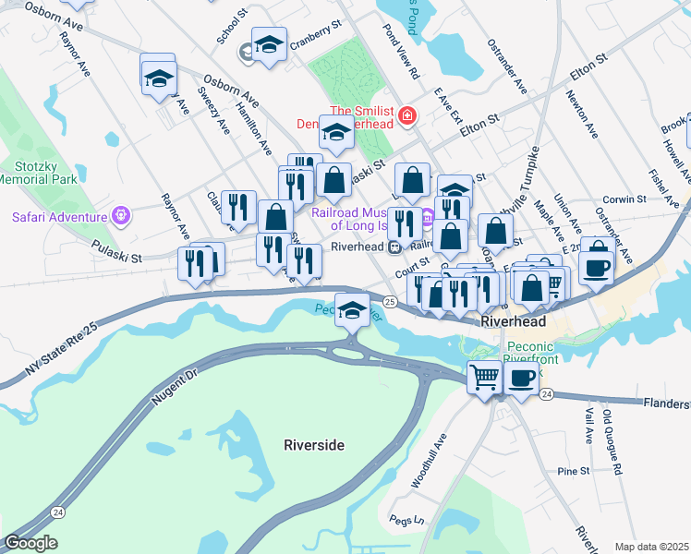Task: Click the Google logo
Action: click(30, 543)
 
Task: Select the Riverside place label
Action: click(314, 445)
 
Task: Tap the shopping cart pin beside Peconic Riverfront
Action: click(484, 377)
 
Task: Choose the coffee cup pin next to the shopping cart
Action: click(522, 377)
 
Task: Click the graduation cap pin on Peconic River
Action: click(351, 310)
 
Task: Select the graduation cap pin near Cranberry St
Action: click(269, 43)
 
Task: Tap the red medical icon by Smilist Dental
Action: click(407, 115)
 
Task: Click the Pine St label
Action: click(574, 471)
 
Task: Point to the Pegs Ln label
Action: click(406, 519)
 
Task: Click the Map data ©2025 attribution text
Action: click(651, 547)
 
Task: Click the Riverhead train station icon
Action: click(394, 247)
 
